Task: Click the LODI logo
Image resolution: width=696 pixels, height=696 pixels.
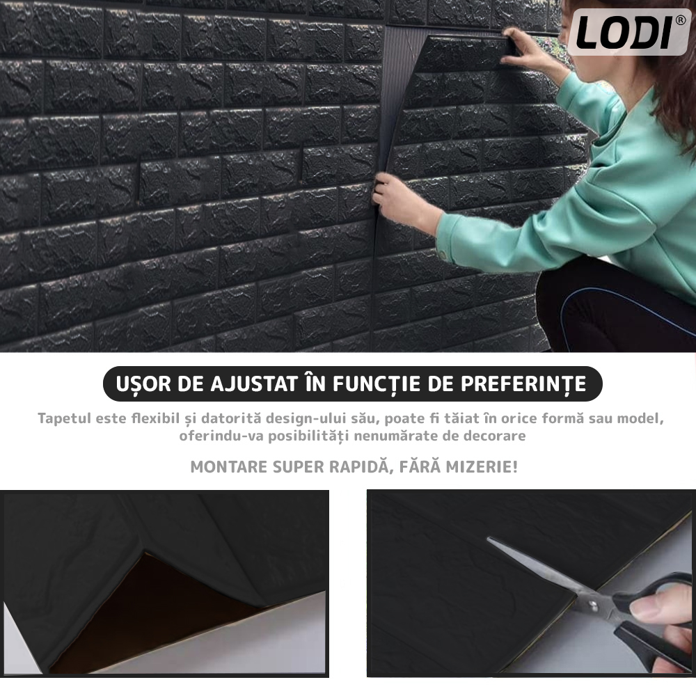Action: click(x=629, y=32)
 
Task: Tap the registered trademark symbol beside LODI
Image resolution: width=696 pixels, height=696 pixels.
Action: click(x=680, y=20)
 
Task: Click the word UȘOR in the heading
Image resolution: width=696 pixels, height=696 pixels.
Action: click(x=143, y=384)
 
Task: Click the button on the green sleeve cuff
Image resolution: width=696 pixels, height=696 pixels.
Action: click(x=443, y=253)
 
